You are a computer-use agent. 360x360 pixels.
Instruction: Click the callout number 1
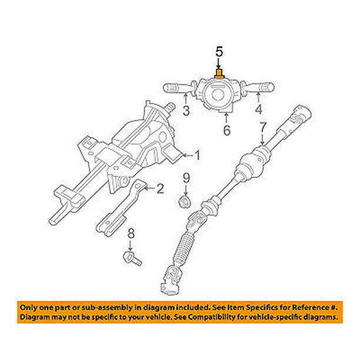click(198, 156)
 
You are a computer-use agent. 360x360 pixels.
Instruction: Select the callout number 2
click(158, 189)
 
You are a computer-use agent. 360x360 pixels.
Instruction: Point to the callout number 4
click(257, 109)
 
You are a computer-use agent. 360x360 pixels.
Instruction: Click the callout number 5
click(219, 52)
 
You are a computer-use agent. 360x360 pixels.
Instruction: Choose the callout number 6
click(226, 130)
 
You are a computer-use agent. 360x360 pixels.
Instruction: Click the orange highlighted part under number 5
click(219, 73)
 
